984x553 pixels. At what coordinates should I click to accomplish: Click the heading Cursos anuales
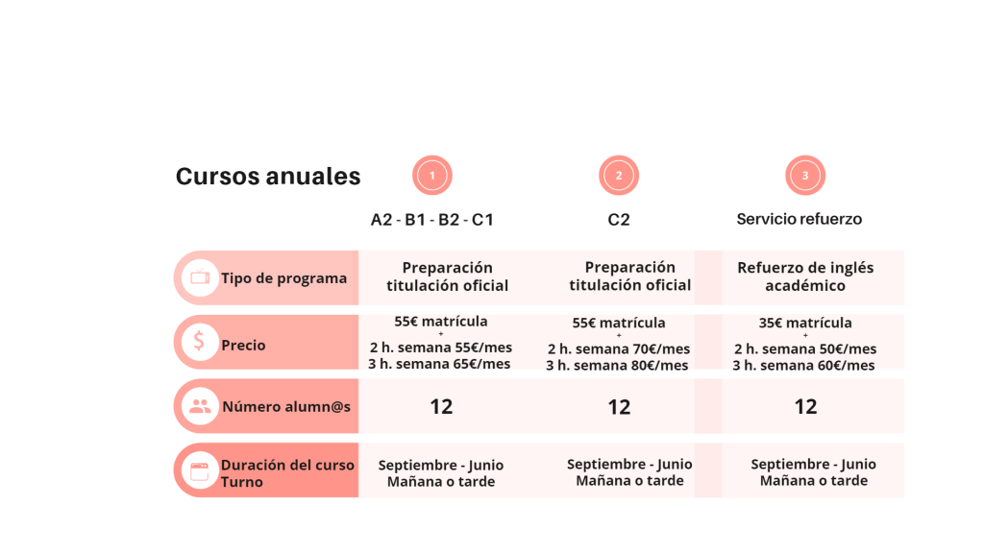click(x=268, y=177)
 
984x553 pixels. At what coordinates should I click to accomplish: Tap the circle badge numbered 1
click(x=432, y=176)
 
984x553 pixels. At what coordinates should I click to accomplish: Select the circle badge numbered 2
click(x=619, y=176)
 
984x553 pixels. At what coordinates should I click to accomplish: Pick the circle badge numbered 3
click(x=805, y=176)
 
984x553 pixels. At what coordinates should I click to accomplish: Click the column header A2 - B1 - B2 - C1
click(x=432, y=220)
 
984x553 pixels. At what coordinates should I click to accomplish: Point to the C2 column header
click(x=619, y=220)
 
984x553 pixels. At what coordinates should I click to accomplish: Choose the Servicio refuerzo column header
click(x=799, y=219)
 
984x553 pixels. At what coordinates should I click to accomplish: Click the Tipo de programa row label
click(x=283, y=278)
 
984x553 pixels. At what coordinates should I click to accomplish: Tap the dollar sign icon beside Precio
click(x=200, y=341)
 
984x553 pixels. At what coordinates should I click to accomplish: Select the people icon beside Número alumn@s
click(x=200, y=406)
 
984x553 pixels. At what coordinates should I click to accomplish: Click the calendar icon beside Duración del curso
click(x=200, y=471)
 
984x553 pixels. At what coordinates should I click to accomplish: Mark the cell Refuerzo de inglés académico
click(x=805, y=276)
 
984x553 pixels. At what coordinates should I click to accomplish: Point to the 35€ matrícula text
click(x=805, y=323)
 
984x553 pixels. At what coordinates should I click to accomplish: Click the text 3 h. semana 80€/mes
click(x=618, y=366)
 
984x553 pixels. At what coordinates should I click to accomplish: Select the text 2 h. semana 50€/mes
click(x=805, y=349)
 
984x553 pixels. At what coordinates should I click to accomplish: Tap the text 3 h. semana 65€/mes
click(x=439, y=364)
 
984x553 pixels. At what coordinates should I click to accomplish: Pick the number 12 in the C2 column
click(x=619, y=407)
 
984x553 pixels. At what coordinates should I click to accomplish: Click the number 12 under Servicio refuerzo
click(x=805, y=406)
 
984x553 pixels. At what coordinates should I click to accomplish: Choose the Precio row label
click(x=243, y=345)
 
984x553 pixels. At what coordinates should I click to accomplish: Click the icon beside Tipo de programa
click(x=200, y=277)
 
